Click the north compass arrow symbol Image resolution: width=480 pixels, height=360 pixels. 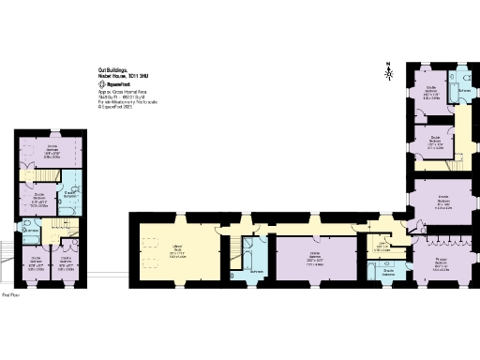(x=387, y=68)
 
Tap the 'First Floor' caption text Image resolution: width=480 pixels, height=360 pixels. (x=10, y=294)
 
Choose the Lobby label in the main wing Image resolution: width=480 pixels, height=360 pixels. (x=382, y=247)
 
